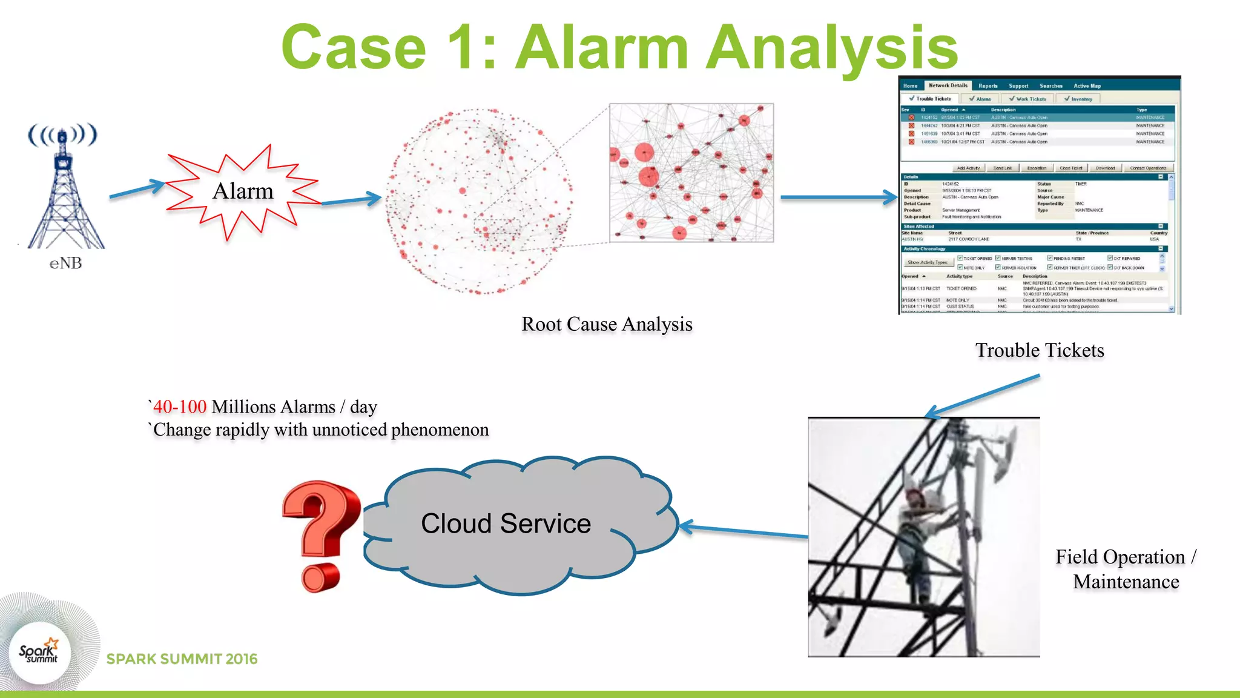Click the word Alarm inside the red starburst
pos(243,191)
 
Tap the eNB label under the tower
pos(65,263)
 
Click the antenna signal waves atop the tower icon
pos(62,135)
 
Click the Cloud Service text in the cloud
pos(506,523)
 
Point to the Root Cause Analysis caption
pos(607,324)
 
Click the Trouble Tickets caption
pos(1040,350)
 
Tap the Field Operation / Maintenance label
pos(1126,569)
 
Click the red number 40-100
pos(180,407)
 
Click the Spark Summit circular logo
pos(39,653)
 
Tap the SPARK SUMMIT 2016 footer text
pos(182,659)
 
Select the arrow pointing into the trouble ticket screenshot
pos(838,197)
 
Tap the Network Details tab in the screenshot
pos(948,85)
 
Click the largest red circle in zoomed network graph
pos(648,176)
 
